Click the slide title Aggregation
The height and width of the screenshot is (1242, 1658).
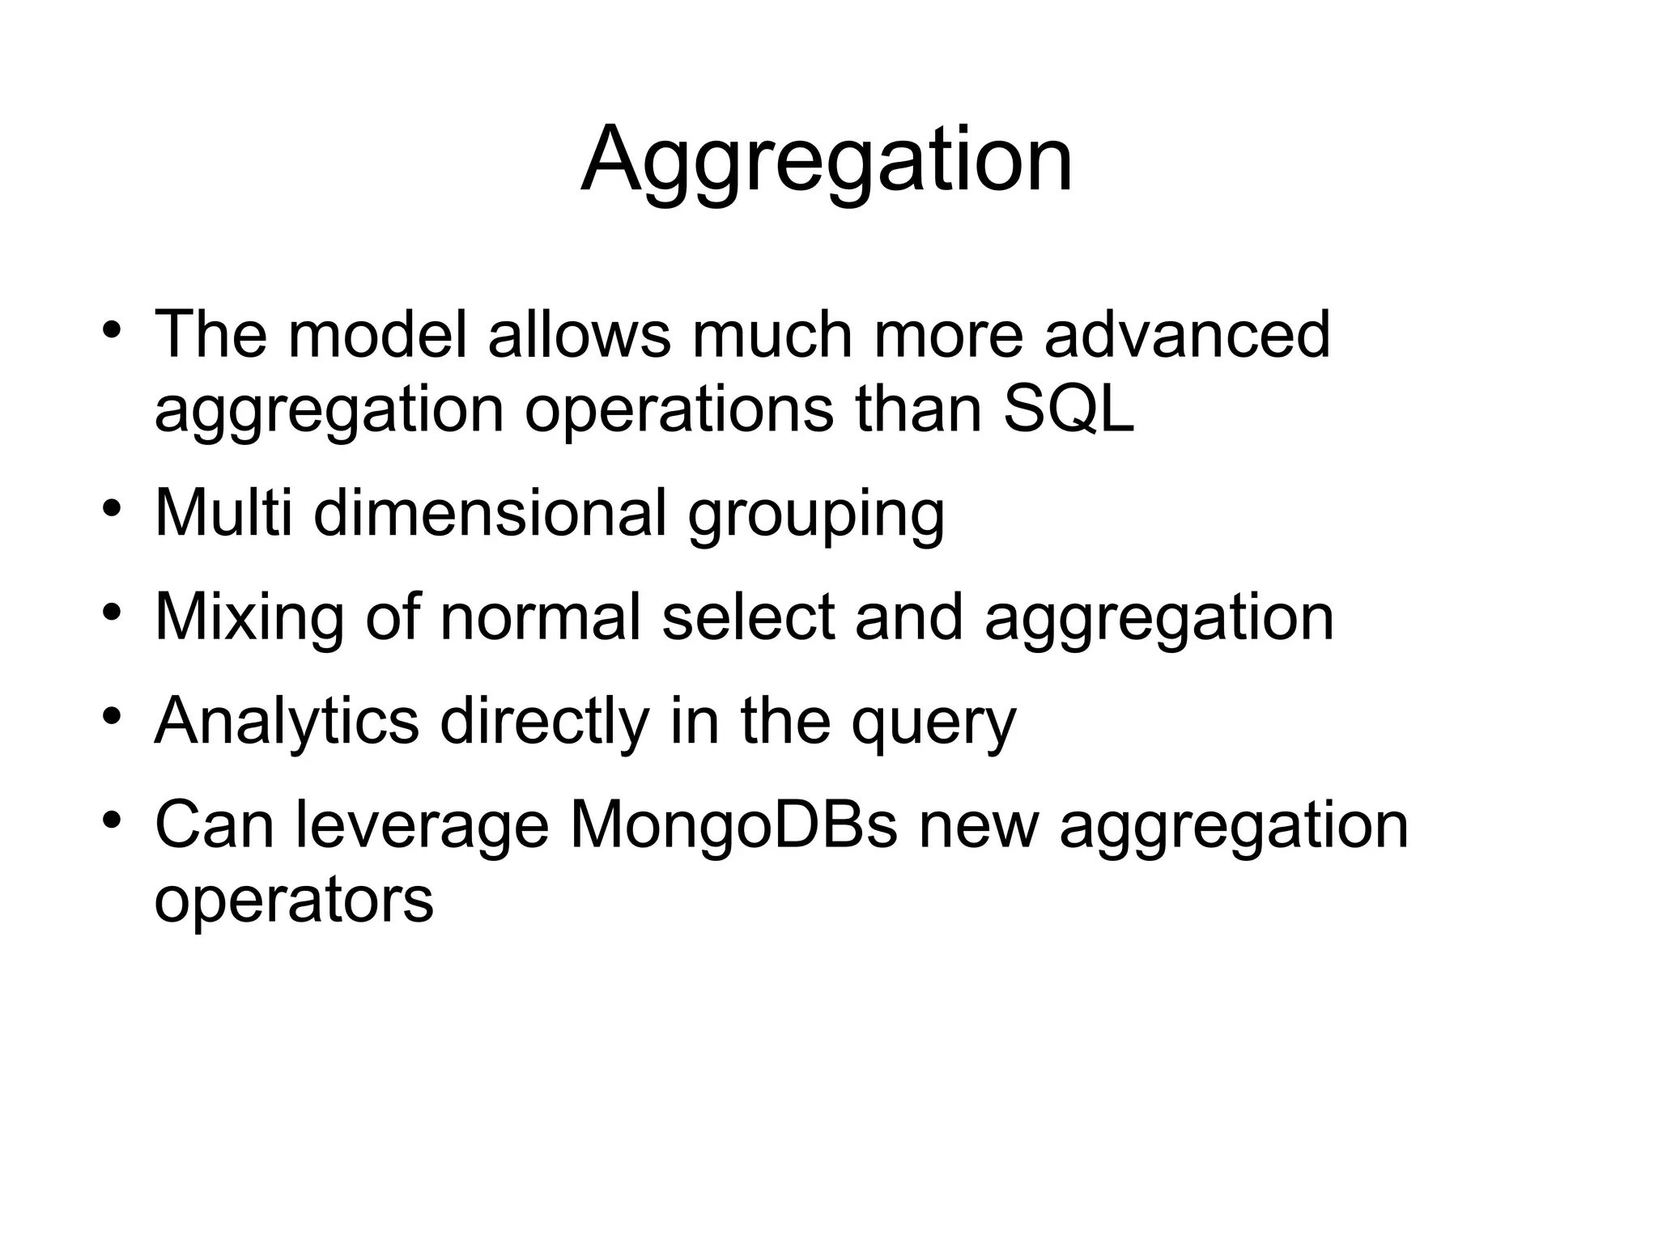pyautogui.click(x=827, y=160)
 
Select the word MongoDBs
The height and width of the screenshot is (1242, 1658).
pyautogui.click(x=733, y=824)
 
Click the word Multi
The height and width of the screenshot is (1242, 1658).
pyautogui.click(x=223, y=512)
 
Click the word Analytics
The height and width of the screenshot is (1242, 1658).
pyautogui.click(x=287, y=721)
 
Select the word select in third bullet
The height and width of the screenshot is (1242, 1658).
pyautogui.click(x=748, y=617)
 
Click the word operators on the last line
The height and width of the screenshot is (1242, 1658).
pyautogui.click(x=294, y=901)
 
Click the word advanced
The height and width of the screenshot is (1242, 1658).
pyautogui.click(x=1187, y=333)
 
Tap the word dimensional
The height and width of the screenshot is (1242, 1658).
pyautogui.click(x=490, y=512)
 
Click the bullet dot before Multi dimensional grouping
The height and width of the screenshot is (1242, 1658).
pyautogui.click(x=112, y=509)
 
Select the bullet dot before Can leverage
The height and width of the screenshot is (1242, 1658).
pyautogui.click(x=112, y=820)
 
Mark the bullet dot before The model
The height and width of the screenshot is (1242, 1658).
pyautogui.click(x=112, y=330)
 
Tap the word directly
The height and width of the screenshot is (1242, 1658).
pyautogui.click(x=544, y=721)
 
